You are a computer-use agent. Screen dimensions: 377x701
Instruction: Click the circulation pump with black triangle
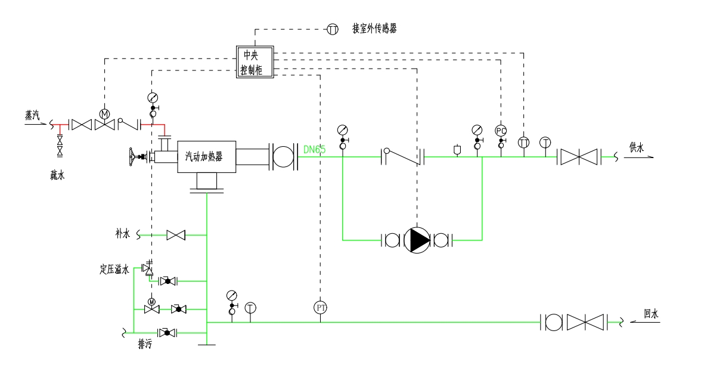click(x=417, y=240)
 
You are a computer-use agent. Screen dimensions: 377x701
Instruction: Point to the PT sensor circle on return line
click(x=321, y=307)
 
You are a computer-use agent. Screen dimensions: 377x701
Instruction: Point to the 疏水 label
click(x=58, y=177)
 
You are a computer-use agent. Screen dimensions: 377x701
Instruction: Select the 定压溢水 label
click(x=115, y=270)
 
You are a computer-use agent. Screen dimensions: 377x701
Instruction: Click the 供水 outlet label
click(x=637, y=147)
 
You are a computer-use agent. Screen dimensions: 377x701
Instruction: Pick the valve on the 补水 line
click(x=176, y=236)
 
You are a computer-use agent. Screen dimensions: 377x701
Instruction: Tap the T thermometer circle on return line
click(x=250, y=307)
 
